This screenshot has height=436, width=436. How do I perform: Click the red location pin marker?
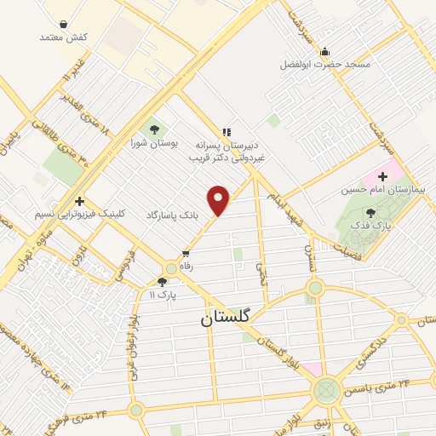(219, 200)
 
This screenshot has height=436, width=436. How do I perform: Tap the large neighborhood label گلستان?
(226, 318)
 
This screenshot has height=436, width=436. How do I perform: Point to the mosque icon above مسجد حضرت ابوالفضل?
(324, 51)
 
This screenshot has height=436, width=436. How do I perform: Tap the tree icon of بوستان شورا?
(154, 130)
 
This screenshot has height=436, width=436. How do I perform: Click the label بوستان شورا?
(155, 144)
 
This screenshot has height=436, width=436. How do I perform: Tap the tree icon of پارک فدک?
(370, 213)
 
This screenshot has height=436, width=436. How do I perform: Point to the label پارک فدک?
(370, 226)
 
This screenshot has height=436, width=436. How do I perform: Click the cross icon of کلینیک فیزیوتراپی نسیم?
(79, 201)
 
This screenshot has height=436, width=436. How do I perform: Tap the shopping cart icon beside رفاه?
(186, 254)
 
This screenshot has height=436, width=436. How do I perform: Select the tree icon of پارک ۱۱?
(162, 282)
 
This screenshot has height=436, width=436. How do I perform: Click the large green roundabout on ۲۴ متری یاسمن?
(326, 392)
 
